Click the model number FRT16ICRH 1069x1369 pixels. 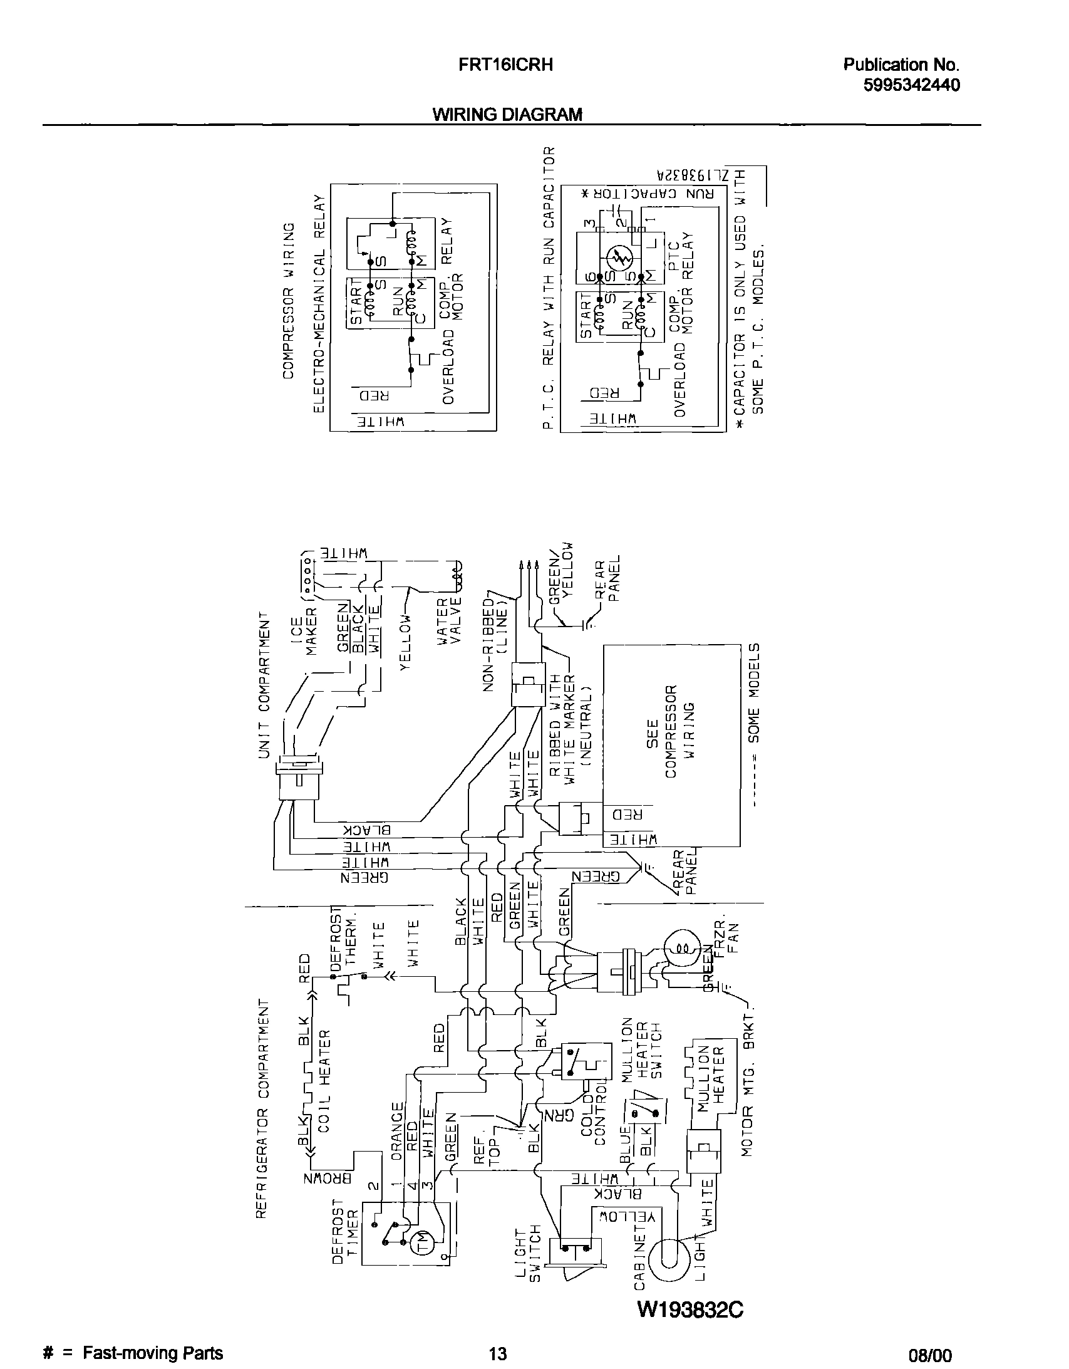[x=505, y=65]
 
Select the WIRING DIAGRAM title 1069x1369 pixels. [x=507, y=115]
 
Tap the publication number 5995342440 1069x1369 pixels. [x=911, y=85]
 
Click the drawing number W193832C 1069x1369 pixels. [x=690, y=1309]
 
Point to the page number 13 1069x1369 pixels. [x=497, y=1353]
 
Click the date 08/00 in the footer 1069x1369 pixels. [x=930, y=1354]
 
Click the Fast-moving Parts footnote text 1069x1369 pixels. [x=152, y=1353]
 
